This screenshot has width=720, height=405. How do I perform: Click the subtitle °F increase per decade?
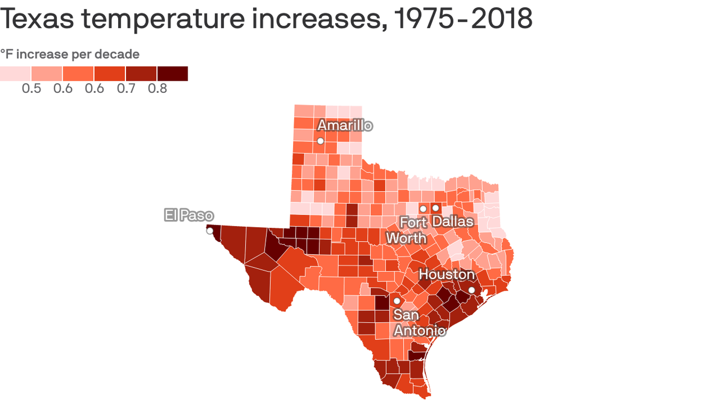coord(70,54)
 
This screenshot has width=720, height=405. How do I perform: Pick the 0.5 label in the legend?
coord(31,89)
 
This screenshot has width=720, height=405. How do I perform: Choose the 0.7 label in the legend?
coord(126,89)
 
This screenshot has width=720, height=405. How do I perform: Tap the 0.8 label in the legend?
coord(157,89)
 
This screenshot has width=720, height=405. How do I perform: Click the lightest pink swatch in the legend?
coord(15,74)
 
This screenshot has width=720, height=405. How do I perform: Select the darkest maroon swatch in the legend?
coord(172,74)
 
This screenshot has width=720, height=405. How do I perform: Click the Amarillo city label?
coord(345,126)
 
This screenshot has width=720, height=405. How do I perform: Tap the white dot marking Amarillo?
coord(320,141)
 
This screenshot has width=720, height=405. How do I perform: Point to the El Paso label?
coord(189,215)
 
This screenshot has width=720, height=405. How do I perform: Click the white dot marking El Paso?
coord(210,231)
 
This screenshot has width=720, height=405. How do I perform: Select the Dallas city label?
coord(453,221)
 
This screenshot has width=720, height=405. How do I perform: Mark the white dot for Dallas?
coord(435,208)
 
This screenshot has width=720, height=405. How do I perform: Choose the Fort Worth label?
coord(406,230)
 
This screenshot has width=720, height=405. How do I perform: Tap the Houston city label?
coord(446,275)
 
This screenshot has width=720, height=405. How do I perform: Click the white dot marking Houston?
coord(471,290)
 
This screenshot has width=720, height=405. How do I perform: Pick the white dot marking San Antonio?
coord(396,301)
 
